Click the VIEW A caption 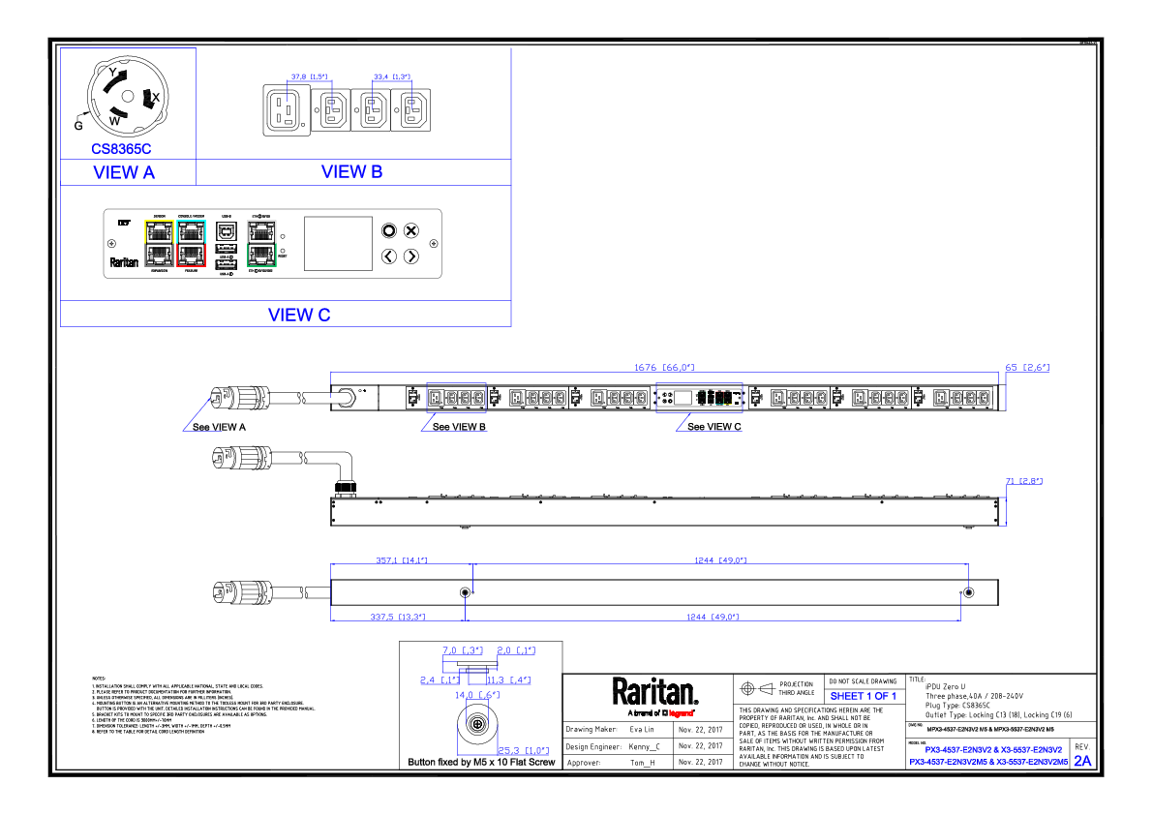(123, 173)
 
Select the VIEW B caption (351, 172)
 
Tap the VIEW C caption (298, 315)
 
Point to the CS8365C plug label (121, 149)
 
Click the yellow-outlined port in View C (159, 230)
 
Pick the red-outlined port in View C (192, 255)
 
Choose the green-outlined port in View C (261, 255)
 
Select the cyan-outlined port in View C (192, 230)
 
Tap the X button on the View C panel (410, 230)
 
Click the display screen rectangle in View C (338, 243)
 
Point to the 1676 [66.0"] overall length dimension (664, 368)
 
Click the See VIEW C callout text (714, 427)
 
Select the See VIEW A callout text (219, 427)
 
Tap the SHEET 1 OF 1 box (864, 696)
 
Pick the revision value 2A (1081, 761)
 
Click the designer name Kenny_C (645, 746)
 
